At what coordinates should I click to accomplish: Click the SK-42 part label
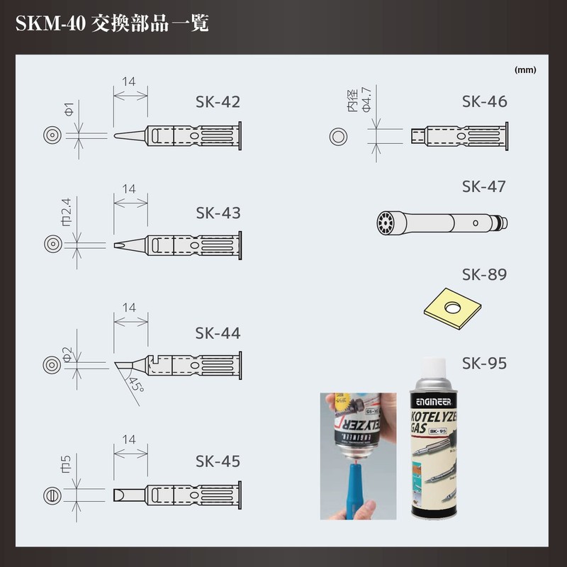tap(218, 101)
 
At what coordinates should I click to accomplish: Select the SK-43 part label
tap(218, 213)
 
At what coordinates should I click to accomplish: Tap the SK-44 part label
tap(218, 333)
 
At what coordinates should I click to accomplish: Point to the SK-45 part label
tap(218, 461)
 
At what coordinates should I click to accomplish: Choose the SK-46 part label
tap(484, 101)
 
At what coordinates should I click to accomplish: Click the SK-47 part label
tap(484, 186)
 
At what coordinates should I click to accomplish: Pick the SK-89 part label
tap(484, 274)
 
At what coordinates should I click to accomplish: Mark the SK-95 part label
tap(484, 364)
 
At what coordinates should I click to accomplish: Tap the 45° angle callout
tap(135, 387)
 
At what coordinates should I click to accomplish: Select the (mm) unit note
tap(525, 70)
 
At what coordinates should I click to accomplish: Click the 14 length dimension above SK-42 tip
tap(129, 82)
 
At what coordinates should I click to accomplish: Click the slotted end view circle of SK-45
tap(52, 493)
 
